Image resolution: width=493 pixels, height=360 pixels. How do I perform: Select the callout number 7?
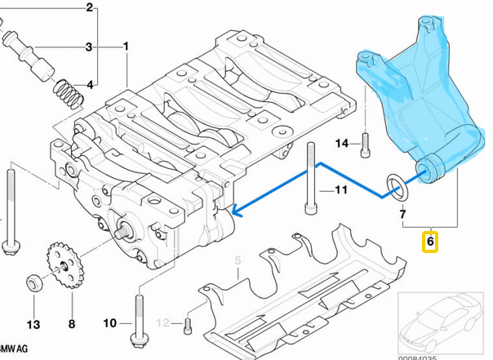(x=402, y=215)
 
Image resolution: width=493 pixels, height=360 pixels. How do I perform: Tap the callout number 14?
(x=342, y=144)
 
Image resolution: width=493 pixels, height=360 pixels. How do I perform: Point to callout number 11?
(x=341, y=191)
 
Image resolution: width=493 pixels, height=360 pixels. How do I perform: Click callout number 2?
(x=90, y=8)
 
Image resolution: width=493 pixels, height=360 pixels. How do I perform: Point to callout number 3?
(x=90, y=47)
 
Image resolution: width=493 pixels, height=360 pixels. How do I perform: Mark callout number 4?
(x=90, y=84)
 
